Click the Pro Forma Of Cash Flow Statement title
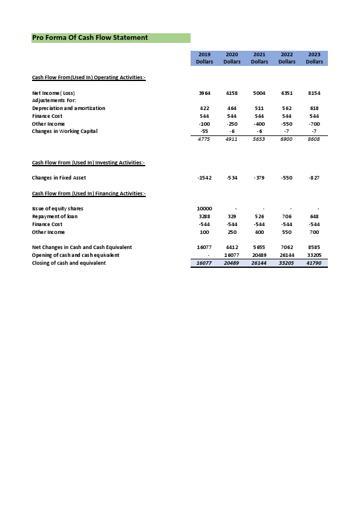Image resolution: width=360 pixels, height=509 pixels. tap(90, 37)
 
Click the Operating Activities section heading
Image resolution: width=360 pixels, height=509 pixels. tap(88, 77)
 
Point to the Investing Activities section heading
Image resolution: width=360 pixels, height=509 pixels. tap(88, 163)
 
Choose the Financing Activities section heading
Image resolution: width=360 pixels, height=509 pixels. tap(89, 193)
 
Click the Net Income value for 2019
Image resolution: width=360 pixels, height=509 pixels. tap(205, 93)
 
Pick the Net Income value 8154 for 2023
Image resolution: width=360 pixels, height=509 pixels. tap(314, 93)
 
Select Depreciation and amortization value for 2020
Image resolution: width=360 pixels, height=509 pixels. tap(232, 108)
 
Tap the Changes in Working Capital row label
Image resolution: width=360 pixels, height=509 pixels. tap(64, 131)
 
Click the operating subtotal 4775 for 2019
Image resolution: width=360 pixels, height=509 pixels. tap(205, 140)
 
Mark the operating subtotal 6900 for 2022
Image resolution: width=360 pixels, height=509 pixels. tap(287, 140)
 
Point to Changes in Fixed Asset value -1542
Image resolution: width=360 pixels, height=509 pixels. tap(205, 178)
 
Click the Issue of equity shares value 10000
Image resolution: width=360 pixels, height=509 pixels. tap(205, 209)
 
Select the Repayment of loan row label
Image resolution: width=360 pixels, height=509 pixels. tap(54, 216)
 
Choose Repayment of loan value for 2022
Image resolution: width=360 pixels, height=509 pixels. tap(287, 216)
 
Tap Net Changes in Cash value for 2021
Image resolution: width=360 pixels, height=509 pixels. tap(259, 247)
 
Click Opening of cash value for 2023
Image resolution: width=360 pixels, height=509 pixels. tap(314, 255)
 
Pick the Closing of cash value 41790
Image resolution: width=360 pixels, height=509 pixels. tap(314, 263)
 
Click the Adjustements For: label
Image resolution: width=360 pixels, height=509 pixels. tap(54, 100)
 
